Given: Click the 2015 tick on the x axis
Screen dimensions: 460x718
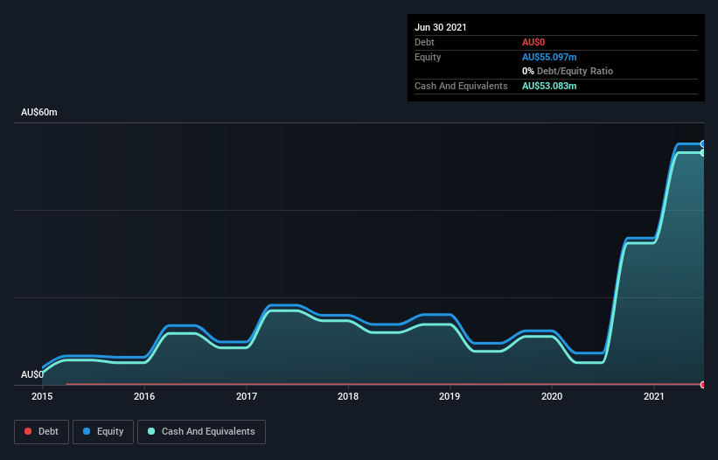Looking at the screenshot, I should pos(42,397).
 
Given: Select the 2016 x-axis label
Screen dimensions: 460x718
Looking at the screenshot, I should pos(144,397).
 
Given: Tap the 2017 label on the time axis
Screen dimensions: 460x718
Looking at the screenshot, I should pos(247,397).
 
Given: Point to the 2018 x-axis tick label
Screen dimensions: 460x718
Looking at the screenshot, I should pos(348,397).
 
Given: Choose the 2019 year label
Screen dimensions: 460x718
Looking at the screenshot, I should pos(450,397).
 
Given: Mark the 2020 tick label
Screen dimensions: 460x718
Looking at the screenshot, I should pos(552,397).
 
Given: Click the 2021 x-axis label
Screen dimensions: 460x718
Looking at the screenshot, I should pos(654,397).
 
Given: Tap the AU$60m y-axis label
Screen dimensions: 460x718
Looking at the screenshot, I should pos(39,113).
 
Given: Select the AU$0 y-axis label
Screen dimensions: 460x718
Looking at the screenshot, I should pos(32,374).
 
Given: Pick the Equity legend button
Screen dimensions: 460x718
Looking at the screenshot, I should pos(103,431).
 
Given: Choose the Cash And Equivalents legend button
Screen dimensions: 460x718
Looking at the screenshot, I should pos(201,431).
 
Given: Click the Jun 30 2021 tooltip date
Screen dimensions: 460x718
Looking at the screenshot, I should pos(441,27).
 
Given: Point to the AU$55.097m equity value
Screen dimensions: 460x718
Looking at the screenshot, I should pos(549,57).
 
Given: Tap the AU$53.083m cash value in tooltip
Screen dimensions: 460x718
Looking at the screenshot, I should pos(549,86).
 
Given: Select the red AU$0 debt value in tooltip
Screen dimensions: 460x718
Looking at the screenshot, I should pos(535,42).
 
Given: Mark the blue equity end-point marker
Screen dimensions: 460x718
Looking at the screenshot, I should pos(702,143).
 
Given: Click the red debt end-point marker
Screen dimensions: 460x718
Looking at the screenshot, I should pos(702,385).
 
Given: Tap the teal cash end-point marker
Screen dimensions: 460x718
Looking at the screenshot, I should pos(702,153).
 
